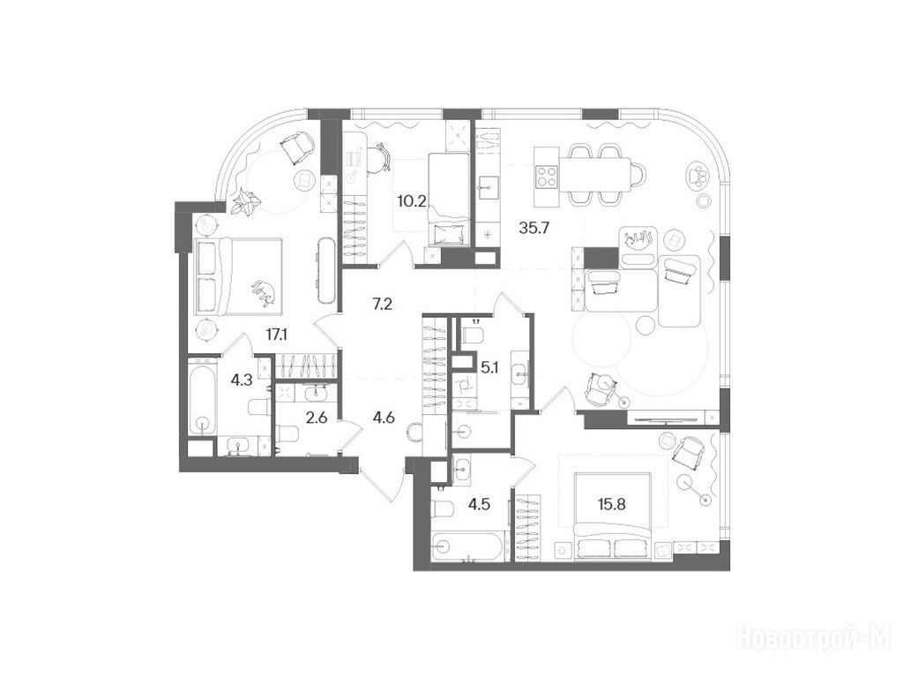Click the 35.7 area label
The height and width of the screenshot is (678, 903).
(534, 228)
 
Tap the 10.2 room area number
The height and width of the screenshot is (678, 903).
(412, 201)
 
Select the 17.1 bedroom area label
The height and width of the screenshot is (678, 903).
(276, 334)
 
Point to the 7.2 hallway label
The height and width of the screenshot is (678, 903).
(383, 304)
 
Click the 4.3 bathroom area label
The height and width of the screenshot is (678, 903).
(241, 380)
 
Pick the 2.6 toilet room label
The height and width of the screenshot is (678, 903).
(317, 418)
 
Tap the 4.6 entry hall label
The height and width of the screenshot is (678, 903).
(384, 418)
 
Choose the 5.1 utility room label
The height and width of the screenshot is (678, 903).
(489, 366)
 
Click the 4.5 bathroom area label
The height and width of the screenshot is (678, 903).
(479, 504)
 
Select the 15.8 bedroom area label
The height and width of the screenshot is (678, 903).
(612, 504)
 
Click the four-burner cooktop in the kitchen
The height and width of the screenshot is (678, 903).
(547, 177)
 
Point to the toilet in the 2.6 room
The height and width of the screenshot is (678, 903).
(286, 432)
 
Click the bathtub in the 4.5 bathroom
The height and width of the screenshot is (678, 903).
(467, 546)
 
